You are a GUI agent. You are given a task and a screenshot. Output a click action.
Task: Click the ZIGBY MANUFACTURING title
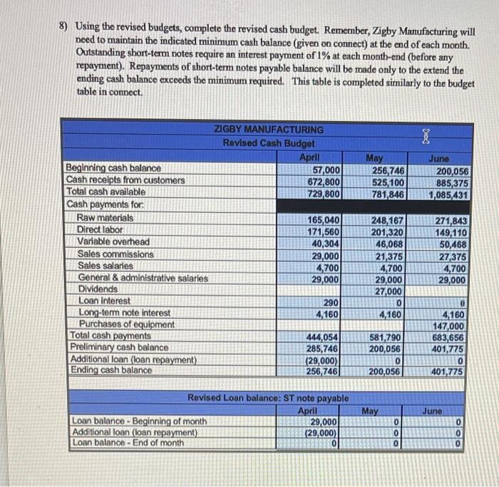pos(269,130)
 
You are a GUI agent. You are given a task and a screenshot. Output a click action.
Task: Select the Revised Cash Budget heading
pos(269,142)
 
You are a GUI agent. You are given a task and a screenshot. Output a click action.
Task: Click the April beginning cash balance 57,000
pos(325,169)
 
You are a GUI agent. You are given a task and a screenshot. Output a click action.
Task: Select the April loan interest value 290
pos(331,302)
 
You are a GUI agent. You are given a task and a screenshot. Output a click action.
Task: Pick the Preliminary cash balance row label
pos(117,347)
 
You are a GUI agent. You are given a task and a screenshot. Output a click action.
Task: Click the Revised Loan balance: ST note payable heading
pos(267,398)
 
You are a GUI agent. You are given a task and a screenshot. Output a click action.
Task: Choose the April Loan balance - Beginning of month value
pos(325,421)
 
